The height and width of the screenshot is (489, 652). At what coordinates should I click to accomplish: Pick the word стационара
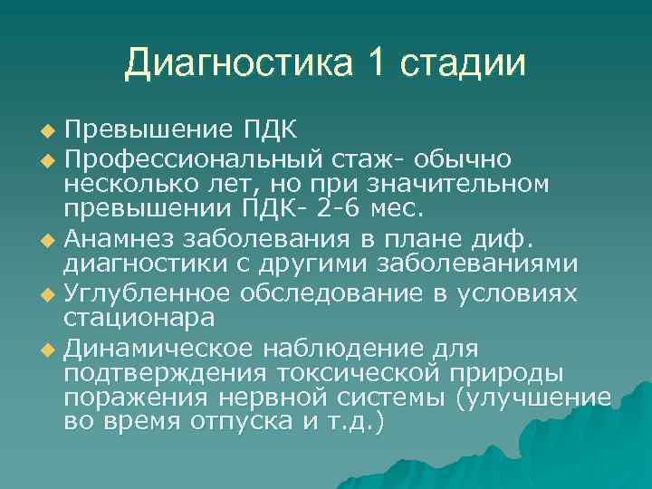(x=139, y=320)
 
